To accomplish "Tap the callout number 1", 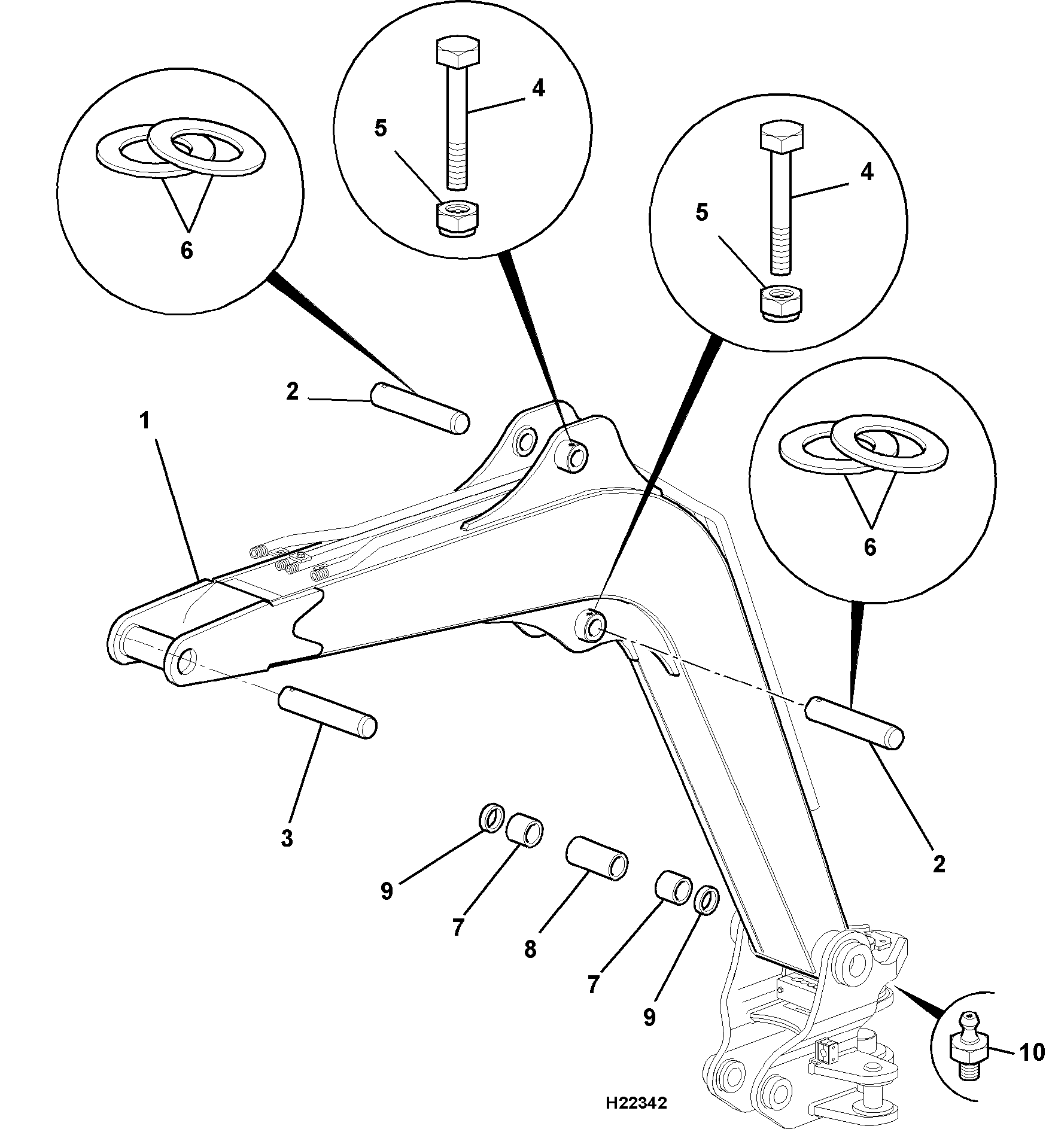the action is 144,421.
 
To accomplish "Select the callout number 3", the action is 288,838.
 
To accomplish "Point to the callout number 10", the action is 1031,1052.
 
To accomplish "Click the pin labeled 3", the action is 328,713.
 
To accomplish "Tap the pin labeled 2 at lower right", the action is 855,722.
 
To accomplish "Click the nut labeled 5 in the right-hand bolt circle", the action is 782,303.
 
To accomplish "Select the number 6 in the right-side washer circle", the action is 870,547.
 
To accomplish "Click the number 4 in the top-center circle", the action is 539,89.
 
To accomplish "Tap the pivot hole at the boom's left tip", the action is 187,661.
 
